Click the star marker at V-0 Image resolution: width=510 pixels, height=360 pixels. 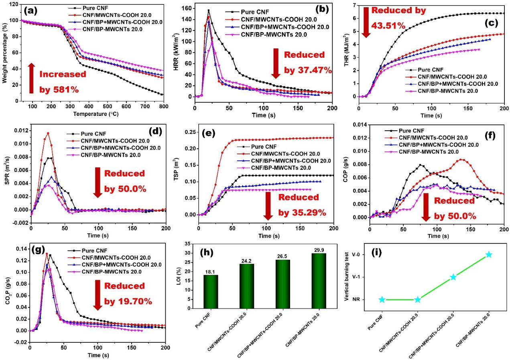tap(489, 255)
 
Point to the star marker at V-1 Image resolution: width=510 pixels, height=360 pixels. tap(453, 277)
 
